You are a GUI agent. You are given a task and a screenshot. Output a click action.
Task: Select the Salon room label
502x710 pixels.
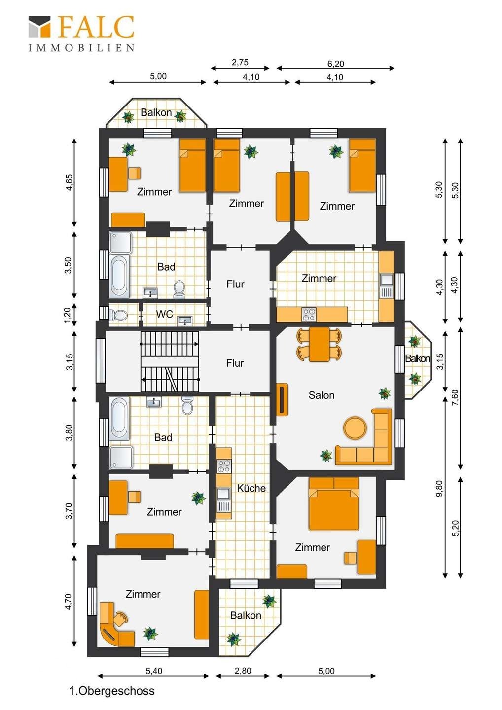(x=322, y=395)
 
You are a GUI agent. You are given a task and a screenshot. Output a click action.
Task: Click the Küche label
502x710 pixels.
(x=251, y=488)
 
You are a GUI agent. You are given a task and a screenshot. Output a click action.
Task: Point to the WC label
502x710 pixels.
(x=165, y=314)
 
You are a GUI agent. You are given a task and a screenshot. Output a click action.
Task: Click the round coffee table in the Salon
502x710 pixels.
(x=355, y=427)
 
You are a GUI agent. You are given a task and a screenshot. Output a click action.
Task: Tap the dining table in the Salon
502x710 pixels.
(x=320, y=344)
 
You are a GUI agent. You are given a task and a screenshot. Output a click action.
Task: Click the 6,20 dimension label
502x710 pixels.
(x=336, y=64)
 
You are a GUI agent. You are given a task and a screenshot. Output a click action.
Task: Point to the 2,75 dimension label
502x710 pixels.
(x=240, y=63)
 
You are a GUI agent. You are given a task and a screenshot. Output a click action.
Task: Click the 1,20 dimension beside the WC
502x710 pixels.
(x=68, y=315)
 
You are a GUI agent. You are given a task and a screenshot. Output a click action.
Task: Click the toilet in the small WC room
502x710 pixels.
(x=117, y=315)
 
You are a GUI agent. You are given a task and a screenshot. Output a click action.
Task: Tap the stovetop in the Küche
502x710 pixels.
(x=224, y=466)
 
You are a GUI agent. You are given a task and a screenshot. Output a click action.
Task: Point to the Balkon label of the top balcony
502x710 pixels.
(x=156, y=112)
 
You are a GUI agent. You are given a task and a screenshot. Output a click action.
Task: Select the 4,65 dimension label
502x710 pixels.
(x=69, y=182)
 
